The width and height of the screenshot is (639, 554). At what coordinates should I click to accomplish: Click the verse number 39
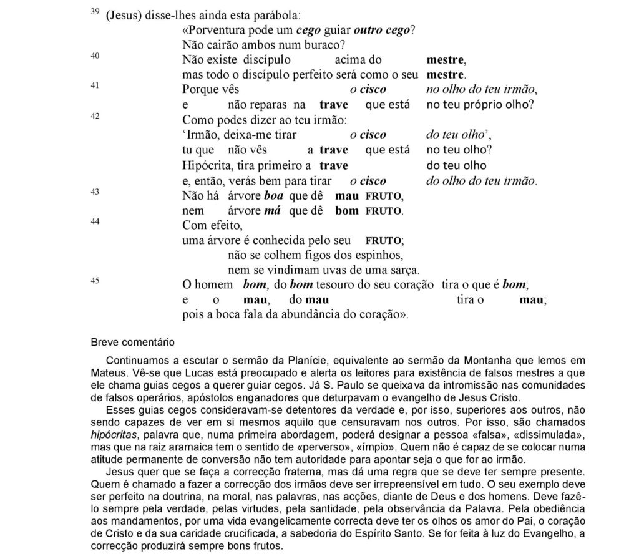(x=95, y=12)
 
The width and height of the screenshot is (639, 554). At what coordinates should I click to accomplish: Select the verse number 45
(x=95, y=281)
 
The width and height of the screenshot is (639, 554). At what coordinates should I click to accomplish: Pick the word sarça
(x=403, y=270)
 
